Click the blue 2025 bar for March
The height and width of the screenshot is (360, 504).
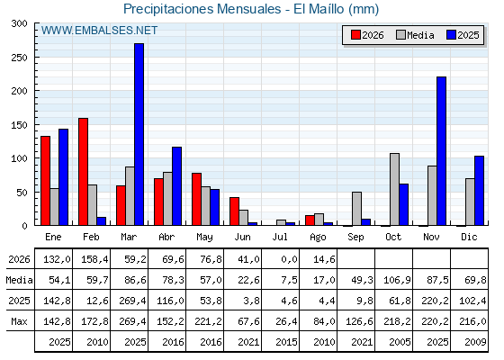coord(139,134)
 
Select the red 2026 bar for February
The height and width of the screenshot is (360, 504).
coord(83,172)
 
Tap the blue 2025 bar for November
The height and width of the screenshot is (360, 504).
coord(442,151)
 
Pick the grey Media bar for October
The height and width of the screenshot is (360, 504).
coord(395,189)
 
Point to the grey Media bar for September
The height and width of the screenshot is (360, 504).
coord(356,209)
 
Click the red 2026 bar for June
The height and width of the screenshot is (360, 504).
coord(234,211)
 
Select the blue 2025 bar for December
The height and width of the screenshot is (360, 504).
coord(479,191)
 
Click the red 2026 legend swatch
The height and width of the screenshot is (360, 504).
coord(355,35)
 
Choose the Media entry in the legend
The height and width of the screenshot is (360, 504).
coord(415,35)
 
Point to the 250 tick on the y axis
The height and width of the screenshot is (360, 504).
coord(19,58)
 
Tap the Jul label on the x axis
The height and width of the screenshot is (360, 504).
coord(280,237)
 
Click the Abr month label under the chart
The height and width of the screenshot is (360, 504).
coord(166,237)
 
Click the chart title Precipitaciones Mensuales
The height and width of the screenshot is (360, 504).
coord(202,9)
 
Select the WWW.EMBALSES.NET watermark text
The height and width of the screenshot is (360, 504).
coord(99,31)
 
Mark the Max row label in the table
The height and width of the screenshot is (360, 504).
coord(19,321)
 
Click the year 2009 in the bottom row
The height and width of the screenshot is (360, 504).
coord(475,342)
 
